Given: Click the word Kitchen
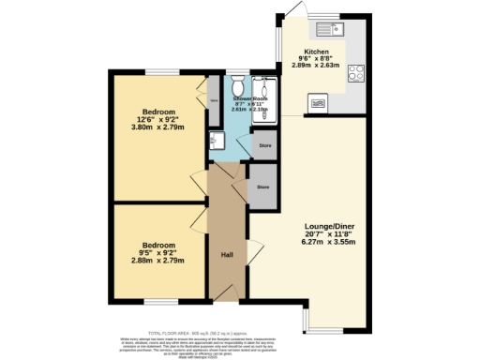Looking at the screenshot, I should (317, 51).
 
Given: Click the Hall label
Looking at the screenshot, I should (227, 254).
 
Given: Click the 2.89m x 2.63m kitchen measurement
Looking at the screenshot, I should (317, 67).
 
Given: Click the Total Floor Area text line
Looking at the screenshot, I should (239, 331).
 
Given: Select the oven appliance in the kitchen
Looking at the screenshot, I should (318, 102).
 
